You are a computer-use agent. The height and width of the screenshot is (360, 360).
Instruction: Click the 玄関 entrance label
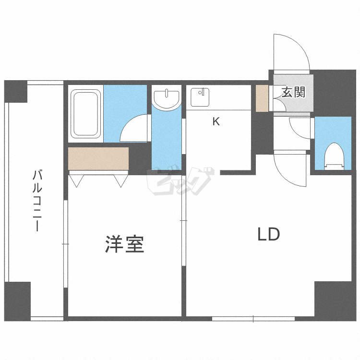[x=293, y=92]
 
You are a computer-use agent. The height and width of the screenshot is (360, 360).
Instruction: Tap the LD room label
[x=268, y=235]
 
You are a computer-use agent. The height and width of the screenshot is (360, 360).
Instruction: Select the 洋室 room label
[x=124, y=245]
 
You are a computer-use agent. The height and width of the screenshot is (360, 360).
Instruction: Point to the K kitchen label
[x=216, y=122]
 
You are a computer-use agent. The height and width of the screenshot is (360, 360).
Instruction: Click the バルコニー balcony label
[x=36, y=201]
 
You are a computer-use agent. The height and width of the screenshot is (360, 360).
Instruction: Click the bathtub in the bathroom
[x=86, y=113]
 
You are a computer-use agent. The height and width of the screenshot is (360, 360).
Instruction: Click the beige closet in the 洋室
[x=98, y=158]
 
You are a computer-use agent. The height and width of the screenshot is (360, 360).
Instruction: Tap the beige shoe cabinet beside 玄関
[x=262, y=98]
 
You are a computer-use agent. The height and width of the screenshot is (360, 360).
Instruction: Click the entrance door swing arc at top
[x=290, y=53]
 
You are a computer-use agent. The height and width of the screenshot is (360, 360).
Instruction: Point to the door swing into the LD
[x=290, y=168]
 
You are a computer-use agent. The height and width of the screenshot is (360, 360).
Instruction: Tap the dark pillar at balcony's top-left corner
[x=16, y=91]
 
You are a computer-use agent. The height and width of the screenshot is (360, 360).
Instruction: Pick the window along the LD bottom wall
[x=253, y=318]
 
